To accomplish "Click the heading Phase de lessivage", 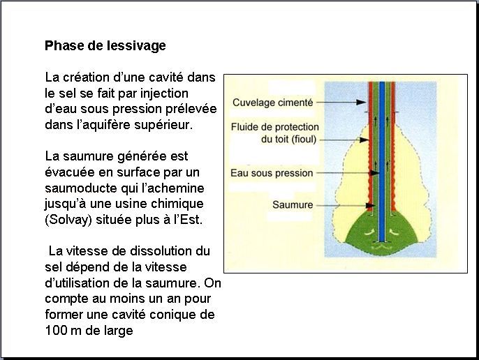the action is coord(105,46).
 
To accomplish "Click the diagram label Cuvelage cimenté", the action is coord(273,103).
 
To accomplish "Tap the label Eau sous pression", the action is coord(272,173).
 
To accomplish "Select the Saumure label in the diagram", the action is coord(293,204).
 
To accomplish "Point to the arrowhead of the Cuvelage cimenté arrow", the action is coord(361,103).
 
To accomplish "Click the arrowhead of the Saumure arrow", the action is coord(370,206).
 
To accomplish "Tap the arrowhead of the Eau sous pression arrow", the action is coord(374,173).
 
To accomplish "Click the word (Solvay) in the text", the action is coord(68,220).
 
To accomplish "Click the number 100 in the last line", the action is coord(56,331).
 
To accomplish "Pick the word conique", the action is coord(172,315).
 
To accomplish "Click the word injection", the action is coord(164,93).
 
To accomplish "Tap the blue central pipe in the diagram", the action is coord(382,162).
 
